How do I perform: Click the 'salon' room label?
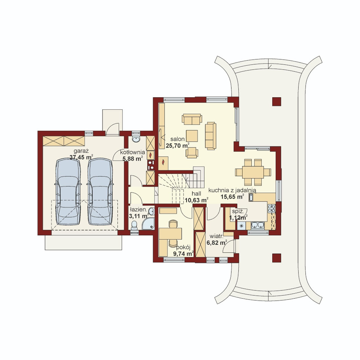(x=177, y=139)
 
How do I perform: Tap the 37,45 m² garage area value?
(x=81, y=157)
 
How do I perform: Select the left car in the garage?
(x=68, y=192)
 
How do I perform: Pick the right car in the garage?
(x=100, y=192)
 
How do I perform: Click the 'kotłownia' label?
(x=132, y=152)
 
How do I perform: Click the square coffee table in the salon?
(x=192, y=136)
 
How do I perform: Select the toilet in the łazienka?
(x=134, y=225)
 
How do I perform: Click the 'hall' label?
(x=196, y=194)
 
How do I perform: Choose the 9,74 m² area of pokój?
(x=183, y=254)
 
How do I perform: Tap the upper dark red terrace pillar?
(x=276, y=101)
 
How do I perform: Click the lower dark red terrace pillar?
(x=276, y=257)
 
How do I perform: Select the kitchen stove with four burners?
(x=272, y=208)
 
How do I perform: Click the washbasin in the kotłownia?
(x=136, y=138)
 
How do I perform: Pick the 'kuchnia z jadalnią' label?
(x=232, y=190)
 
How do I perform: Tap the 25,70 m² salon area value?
(x=177, y=145)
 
